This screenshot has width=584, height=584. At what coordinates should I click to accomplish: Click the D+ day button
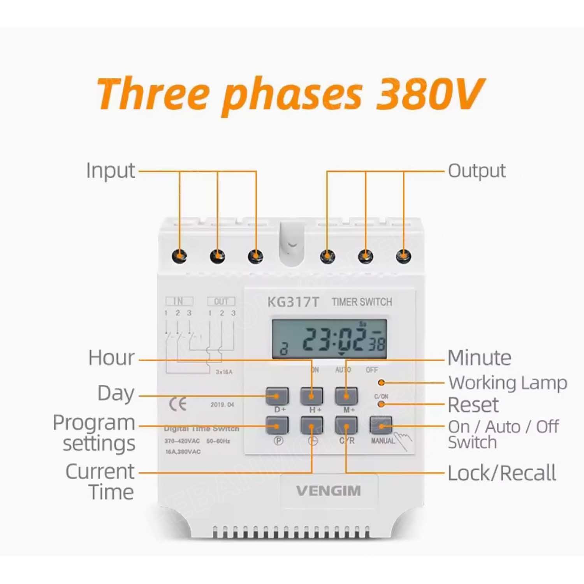point(277,396)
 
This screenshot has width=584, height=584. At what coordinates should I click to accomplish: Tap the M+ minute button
point(346,396)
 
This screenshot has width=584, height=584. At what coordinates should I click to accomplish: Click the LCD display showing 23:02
point(329,339)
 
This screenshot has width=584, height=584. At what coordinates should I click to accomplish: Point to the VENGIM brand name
point(329,491)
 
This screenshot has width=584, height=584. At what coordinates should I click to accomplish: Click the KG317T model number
point(293,302)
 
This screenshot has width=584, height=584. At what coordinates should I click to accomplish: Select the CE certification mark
point(178,405)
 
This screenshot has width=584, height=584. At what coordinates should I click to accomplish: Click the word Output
point(477,171)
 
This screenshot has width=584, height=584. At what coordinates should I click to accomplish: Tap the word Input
point(111,171)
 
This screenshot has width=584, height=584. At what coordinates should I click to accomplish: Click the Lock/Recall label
point(502,473)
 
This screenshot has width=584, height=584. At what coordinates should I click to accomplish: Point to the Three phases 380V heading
point(290,94)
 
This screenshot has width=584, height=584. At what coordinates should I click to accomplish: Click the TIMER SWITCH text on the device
point(362,302)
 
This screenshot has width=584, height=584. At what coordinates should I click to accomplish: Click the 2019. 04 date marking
point(222,405)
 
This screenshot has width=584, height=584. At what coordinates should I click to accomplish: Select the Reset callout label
point(473,405)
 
